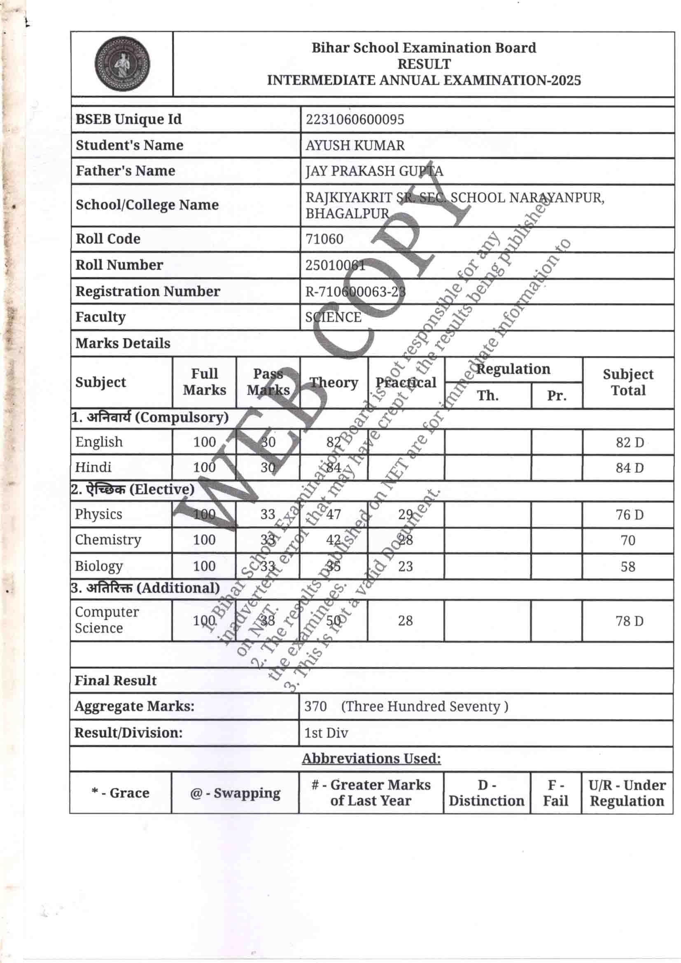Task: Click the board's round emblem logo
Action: click(x=122, y=64)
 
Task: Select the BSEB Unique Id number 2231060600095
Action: click(x=355, y=119)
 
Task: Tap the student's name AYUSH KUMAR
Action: click(x=355, y=145)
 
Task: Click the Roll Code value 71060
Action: click(x=324, y=239)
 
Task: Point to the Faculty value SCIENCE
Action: click(x=333, y=317)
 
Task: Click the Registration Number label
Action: click(x=148, y=292)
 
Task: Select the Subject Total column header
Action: click(x=628, y=383)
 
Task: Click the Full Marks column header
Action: click(x=204, y=382)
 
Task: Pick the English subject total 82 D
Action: click(x=630, y=442)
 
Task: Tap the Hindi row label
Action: click(x=93, y=467)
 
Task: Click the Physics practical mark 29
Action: click(x=406, y=514)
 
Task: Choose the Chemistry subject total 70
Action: click(x=628, y=540)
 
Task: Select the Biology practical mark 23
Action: click(x=406, y=566)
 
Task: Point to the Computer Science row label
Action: click(x=107, y=620)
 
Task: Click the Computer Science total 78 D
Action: click(x=629, y=621)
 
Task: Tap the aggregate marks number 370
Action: click(x=315, y=706)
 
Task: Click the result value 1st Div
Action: click(x=326, y=733)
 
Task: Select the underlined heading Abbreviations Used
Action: click(x=371, y=758)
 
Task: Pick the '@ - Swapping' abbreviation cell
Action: click(x=235, y=793)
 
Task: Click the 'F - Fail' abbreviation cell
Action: click(x=555, y=793)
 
